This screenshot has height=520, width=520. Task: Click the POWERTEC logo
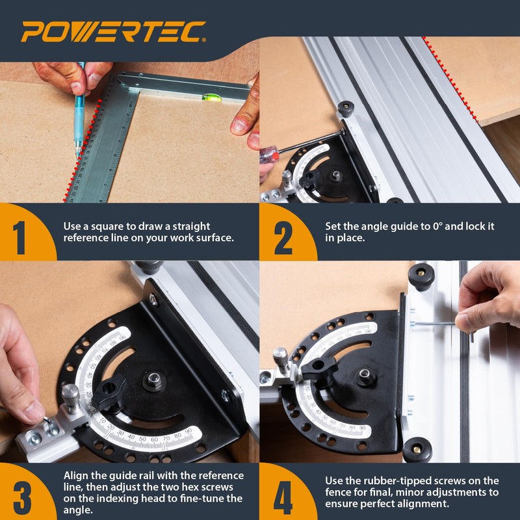[113, 31]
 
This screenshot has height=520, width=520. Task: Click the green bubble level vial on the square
[210, 99]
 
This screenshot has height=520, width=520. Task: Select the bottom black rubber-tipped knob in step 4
[417, 449]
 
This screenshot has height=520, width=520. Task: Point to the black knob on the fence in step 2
[346, 108]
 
